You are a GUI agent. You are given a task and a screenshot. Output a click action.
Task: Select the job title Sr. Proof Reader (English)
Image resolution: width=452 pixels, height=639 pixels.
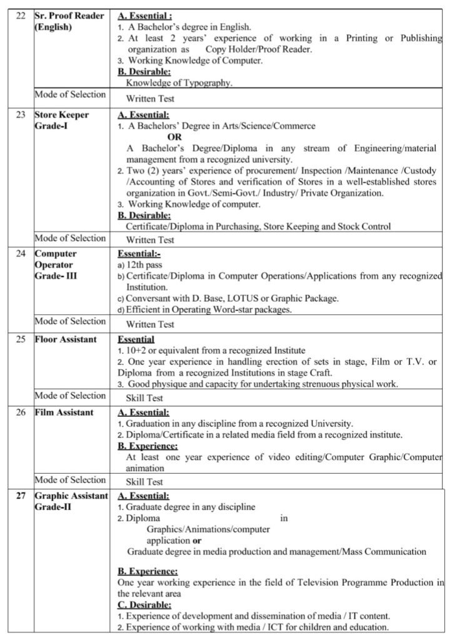[69, 21]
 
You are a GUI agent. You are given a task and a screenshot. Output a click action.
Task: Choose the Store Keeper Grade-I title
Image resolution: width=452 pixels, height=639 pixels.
[61, 120]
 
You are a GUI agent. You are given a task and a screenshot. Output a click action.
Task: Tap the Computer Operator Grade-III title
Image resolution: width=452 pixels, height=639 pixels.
[56, 265]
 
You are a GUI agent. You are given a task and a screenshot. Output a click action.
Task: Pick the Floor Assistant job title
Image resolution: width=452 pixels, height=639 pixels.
[65, 339]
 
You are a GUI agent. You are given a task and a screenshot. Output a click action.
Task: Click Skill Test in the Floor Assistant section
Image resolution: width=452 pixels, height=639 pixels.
[144, 398]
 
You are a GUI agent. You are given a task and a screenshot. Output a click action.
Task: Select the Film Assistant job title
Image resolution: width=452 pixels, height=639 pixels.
[64, 412]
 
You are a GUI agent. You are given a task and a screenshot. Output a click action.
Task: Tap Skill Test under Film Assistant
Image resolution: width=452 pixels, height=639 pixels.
[144, 482]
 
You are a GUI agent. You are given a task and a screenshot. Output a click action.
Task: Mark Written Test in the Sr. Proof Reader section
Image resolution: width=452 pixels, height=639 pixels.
[150, 98]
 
